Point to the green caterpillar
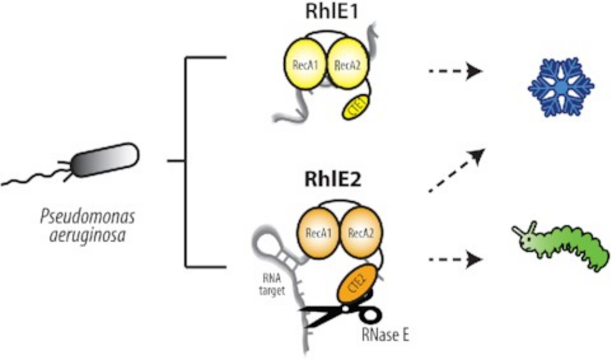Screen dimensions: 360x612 [x=562, y=249]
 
